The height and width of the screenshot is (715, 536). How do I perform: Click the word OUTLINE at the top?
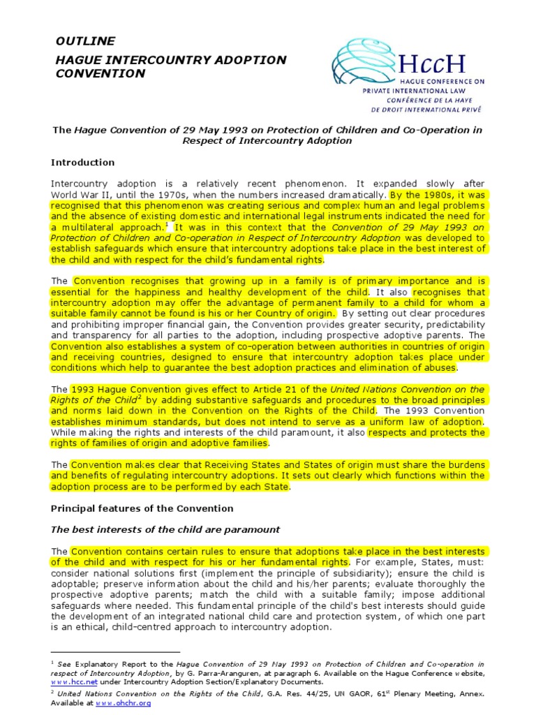[85, 41]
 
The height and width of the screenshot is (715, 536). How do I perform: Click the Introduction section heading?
[82, 163]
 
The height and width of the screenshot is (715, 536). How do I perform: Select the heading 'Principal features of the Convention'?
[142, 508]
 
